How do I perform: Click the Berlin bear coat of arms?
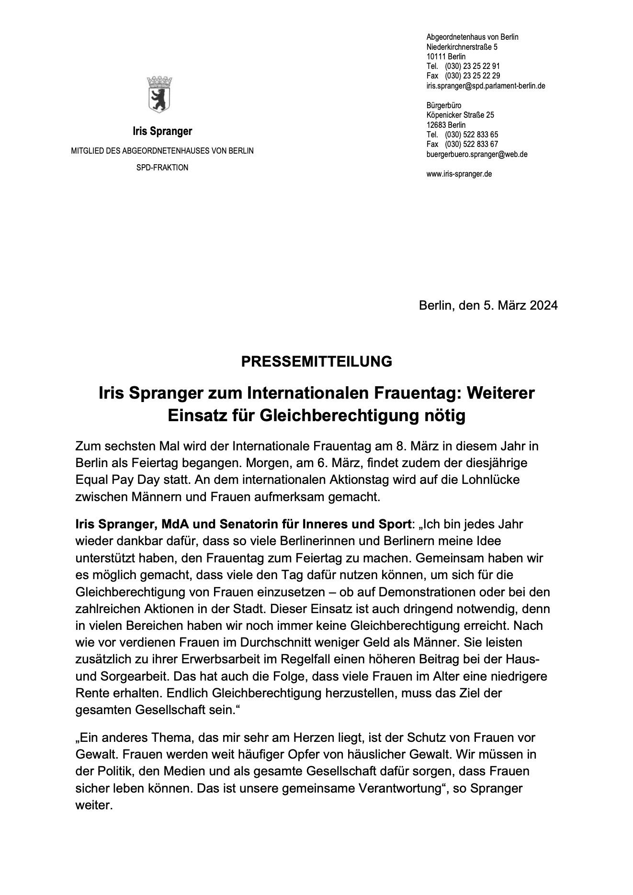159,94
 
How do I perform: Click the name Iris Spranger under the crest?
162,131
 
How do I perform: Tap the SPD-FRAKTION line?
162,168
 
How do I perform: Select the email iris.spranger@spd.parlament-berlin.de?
486,86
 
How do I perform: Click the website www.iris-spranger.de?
459,174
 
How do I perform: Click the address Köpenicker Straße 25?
460,115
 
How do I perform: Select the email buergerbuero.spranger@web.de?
476,154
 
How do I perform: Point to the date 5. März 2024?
520,305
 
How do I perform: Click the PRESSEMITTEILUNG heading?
316,361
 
